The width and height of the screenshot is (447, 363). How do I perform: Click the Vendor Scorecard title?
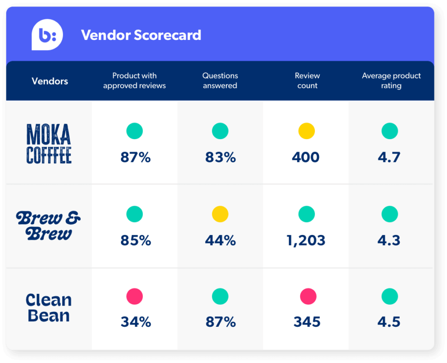pos(141,35)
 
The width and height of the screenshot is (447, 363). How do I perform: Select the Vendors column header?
pos(50,81)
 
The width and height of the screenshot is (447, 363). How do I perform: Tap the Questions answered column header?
pos(220,81)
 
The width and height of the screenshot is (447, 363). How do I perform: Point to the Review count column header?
pos(307,81)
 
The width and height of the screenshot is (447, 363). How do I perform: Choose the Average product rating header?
pos(391,81)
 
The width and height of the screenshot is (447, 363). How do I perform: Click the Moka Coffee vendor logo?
pos(49,144)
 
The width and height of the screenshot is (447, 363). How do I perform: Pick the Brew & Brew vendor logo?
pos(48,226)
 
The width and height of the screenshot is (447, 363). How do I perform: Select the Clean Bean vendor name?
pos(48,308)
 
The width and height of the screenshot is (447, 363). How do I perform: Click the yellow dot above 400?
pos(307,131)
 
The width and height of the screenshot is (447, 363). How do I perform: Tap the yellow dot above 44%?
pos(220,214)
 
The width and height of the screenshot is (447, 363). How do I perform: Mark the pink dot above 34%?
pos(134,296)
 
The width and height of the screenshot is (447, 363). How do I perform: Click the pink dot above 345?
pos(308,296)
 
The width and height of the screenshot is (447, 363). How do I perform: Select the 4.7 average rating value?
pos(389,157)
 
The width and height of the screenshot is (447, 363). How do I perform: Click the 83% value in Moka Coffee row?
pos(220,157)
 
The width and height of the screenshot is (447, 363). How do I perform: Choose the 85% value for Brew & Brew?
pos(135,241)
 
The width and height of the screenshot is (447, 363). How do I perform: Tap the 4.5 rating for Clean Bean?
pos(389,322)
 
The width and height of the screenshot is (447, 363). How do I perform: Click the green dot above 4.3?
pos(390,214)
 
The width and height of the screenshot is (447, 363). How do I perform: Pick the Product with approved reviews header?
pos(134,81)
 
